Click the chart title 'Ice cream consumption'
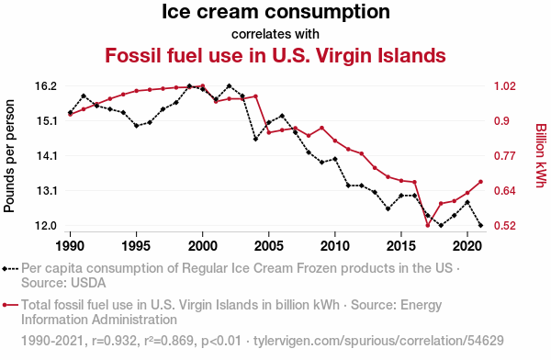(x=275, y=12)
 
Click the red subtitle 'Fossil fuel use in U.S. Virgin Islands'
(x=275, y=55)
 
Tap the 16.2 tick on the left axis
(x=46, y=86)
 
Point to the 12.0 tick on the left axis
(x=46, y=225)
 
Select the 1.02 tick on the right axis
(x=505, y=86)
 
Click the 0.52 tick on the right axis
(x=505, y=225)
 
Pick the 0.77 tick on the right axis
(x=505, y=156)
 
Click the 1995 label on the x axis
(x=136, y=246)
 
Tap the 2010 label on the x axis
(x=335, y=246)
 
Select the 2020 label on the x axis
(x=467, y=246)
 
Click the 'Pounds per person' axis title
(x=9, y=156)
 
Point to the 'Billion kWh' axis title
(x=541, y=155)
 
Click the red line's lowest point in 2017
(x=428, y=225)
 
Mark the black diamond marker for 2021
(x=480, y=225)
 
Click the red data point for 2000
(x=202, y=85)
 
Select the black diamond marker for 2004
(x=255, y=140)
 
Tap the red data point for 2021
(x=480, y=182)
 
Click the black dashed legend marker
(x=10, y=269)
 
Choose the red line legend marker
(x=10, y=305)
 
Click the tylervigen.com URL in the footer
(x=378, y=341)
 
